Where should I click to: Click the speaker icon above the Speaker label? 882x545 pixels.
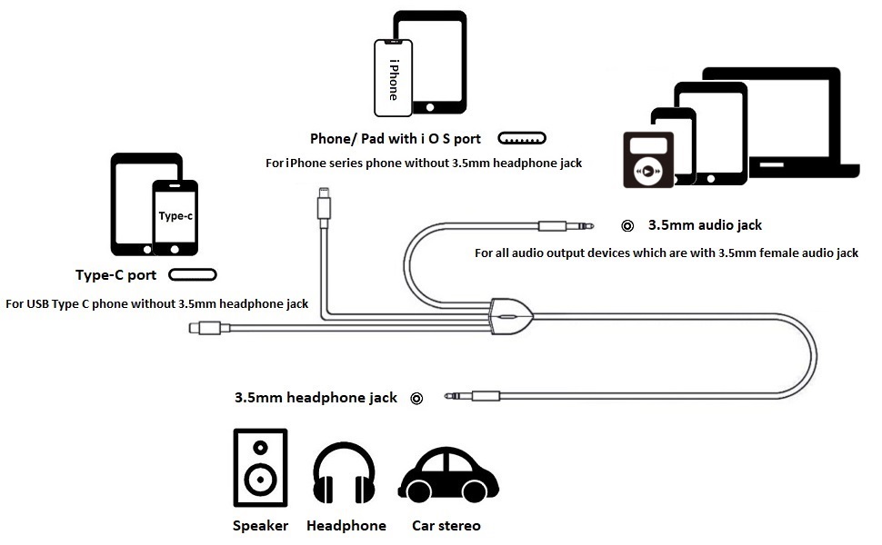point(260,467)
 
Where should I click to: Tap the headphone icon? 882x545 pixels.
point(344,474)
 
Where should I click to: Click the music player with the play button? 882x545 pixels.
point(647,160)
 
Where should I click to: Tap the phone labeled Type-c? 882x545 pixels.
point(175,217)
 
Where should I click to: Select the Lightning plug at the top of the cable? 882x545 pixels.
point(324,204)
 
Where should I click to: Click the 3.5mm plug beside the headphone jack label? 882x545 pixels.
point(473,396)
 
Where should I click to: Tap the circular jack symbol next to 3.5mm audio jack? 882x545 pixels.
point(626,225)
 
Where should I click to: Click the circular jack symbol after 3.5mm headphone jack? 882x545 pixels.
point(416,398)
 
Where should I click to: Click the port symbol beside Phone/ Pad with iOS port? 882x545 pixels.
point(521,139)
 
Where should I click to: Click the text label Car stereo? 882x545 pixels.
point(446,526)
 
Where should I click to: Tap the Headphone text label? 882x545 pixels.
point(346,526)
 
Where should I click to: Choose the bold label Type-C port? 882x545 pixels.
point(115,275)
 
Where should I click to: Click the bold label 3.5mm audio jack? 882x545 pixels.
point(705,224)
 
